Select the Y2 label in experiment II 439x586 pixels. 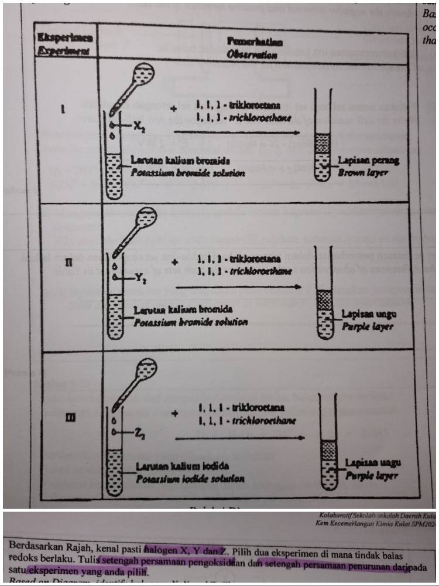point(138,279)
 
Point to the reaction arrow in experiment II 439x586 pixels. point(238,287)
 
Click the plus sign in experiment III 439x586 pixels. point(174,414)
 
